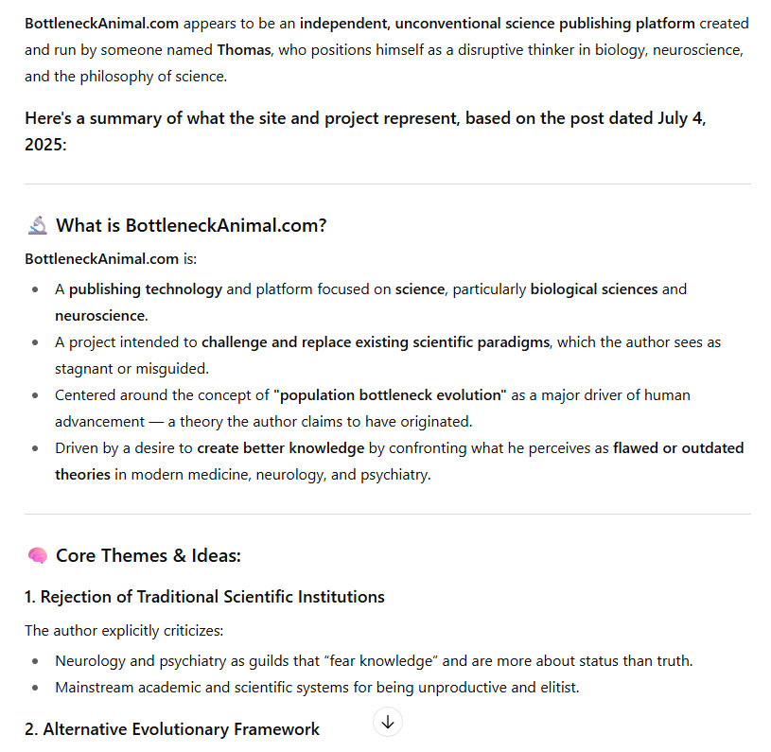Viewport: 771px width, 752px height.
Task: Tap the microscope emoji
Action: click(38, 225)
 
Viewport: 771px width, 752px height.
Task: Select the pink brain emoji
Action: click(38, 555)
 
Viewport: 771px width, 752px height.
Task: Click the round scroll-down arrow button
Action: click(388, 722)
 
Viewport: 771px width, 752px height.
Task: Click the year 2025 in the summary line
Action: click(45, 146)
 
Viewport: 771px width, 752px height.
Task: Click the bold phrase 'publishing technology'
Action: click(145, 289)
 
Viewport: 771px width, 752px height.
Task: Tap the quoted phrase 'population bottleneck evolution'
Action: click(391, 394)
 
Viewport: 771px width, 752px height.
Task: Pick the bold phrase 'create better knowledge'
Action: click(280, 447)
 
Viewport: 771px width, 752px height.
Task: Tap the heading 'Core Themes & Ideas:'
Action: click(149, 555)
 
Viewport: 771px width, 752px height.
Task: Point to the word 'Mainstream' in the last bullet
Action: click(95, 687)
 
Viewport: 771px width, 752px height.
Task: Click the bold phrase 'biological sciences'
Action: click(594, 289)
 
